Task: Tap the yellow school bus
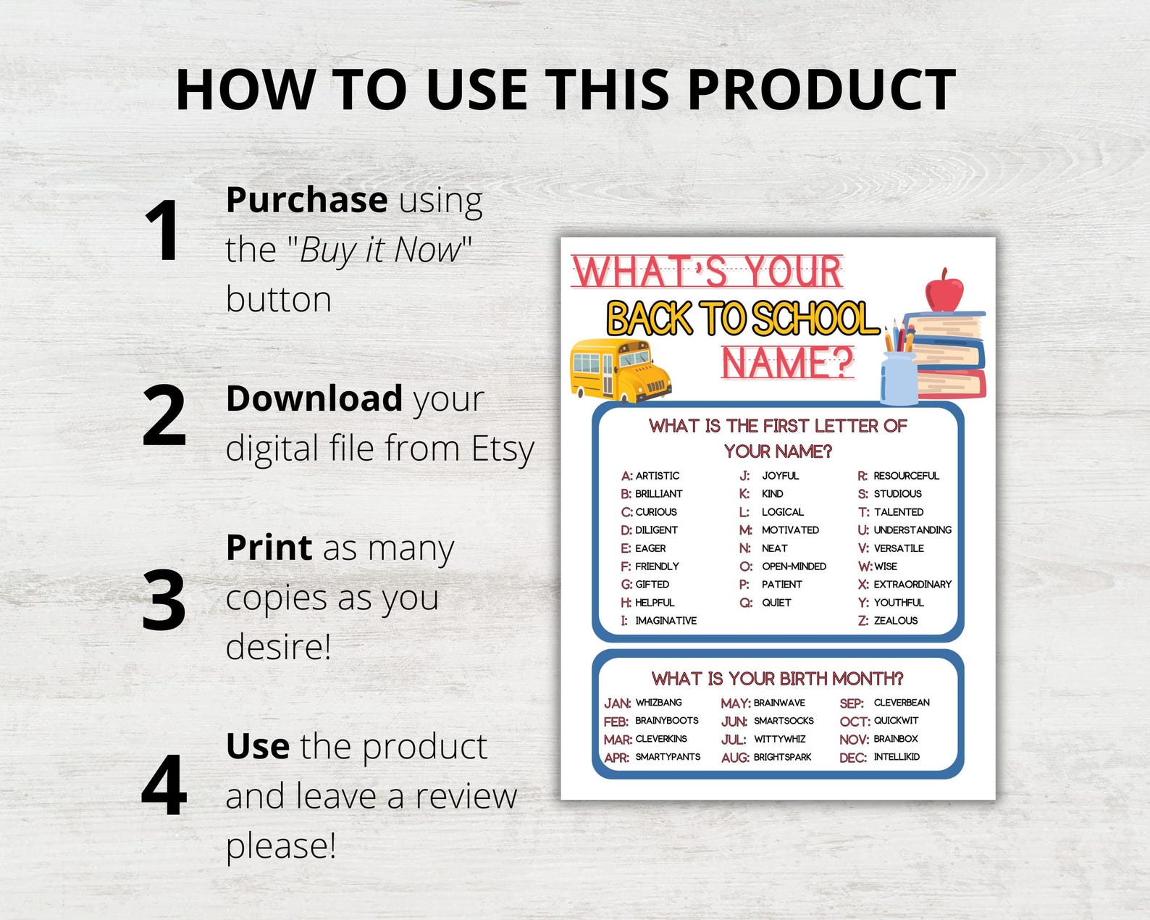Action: [x=620, y=369]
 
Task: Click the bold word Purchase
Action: [x=306, y=200]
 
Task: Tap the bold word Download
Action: [x=314, y=399]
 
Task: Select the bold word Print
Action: [x=269, y=548]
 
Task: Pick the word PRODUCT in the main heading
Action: [x=821, y=90]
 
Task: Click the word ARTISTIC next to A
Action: [x=657, y=476]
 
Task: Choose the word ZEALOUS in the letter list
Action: [x=895, y=621]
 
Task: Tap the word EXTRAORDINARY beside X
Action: [x=912, y=585]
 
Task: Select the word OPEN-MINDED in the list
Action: [x=794, y=566]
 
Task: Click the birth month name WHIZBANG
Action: [x=658, y=703]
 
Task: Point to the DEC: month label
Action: [x=852, y=758]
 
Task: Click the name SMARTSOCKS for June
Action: [x=784, y=721]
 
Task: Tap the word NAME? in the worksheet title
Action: [x=788, y=362]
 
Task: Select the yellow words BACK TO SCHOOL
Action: [x=742, y=319]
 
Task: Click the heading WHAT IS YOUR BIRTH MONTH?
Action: [x=777, y=679]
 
